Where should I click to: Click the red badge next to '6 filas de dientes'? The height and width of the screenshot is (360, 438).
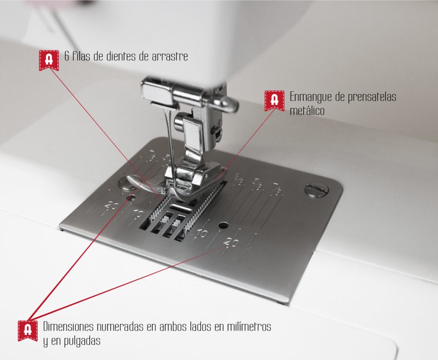(49, 60)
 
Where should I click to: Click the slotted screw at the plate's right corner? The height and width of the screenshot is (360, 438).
(317, 190)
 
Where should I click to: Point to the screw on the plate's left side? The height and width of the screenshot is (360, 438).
(125, 183)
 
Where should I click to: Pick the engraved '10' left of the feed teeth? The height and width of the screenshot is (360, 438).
(138, 212)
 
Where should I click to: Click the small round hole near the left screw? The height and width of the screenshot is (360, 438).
(131, 198)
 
